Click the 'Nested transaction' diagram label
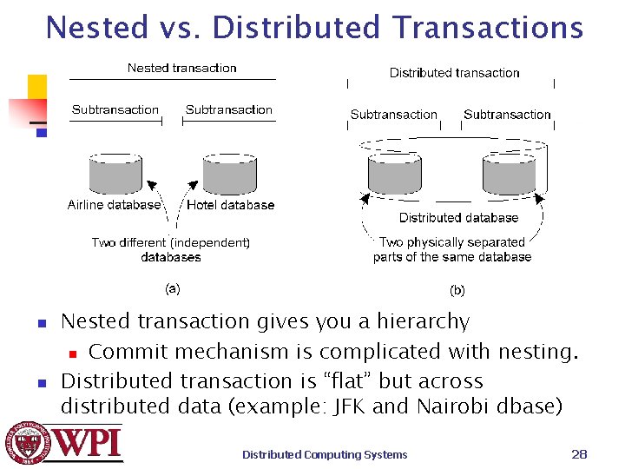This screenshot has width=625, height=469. [181, 68]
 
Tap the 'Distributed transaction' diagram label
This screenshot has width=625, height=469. [454, 73]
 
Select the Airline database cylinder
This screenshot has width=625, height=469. [116, 174]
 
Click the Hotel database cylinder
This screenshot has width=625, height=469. [229, 174]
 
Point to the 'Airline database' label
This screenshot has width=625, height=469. [114, 205]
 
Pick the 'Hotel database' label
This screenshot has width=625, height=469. [230, 205]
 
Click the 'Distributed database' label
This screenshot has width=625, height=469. [458, 217]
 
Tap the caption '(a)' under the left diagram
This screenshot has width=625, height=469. [173, 287]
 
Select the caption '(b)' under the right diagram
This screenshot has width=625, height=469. [457, 290]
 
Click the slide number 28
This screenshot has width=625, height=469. [579, 453]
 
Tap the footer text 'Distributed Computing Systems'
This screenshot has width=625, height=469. [325, 454]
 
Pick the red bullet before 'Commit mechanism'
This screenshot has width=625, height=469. [74, 353]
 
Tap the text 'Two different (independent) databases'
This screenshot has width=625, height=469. [171, 249]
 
